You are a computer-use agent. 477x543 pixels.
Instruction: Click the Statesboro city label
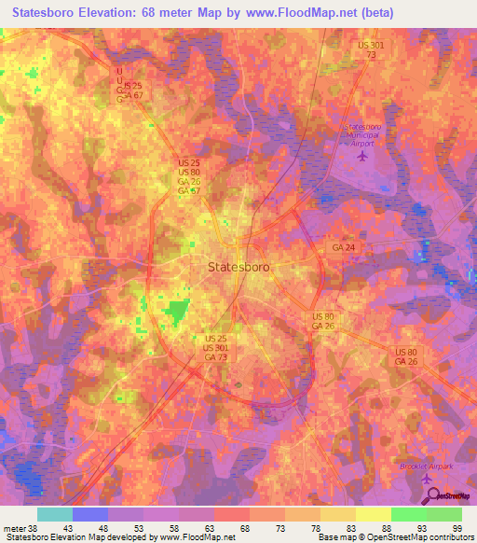(x=238, y=266)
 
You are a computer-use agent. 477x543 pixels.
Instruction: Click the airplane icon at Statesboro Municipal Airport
(x=363, y=153)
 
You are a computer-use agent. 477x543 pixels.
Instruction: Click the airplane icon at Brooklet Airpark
(x=428, y=479)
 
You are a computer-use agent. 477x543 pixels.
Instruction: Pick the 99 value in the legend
(x=457, y=527)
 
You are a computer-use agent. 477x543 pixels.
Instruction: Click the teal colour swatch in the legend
(x=54, y=514)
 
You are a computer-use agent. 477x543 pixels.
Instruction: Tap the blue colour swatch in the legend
(x=89, y=514)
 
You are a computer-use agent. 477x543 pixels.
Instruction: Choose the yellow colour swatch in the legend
(x=373, y=514)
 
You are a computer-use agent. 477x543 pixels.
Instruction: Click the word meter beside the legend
(x=14, y=527)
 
